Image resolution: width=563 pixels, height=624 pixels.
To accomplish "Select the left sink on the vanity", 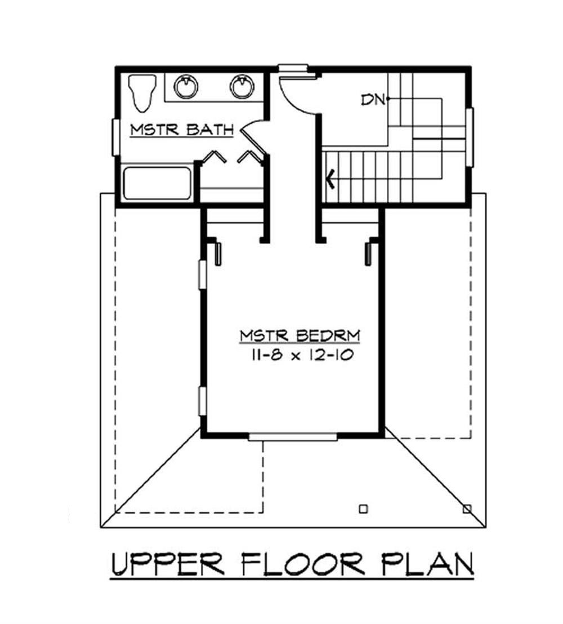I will (185, 86).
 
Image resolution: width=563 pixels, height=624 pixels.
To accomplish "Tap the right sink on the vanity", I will (242, 86).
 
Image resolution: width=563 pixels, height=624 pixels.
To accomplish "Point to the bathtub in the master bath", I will (157, 183).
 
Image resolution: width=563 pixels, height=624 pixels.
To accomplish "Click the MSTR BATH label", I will (181, 130).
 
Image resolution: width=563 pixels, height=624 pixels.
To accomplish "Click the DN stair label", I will (373, 100).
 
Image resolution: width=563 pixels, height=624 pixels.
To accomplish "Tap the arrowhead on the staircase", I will (331, 180).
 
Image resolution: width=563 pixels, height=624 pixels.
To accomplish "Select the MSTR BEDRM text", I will (300, 336).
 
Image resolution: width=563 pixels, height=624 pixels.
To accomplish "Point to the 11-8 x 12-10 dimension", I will (300, 355).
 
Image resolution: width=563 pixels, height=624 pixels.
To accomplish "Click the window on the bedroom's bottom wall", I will (293, 436).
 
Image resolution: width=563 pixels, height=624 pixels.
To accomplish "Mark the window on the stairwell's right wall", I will (470, 137).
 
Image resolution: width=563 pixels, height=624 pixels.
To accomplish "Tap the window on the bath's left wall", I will (115, 137).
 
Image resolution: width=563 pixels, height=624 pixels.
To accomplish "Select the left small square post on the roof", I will (363, 509).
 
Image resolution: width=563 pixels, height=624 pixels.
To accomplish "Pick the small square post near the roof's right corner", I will (466, 509).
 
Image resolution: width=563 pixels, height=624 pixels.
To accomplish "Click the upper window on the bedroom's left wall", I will (202, 275).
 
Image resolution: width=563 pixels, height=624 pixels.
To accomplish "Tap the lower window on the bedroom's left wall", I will (202, 401).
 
